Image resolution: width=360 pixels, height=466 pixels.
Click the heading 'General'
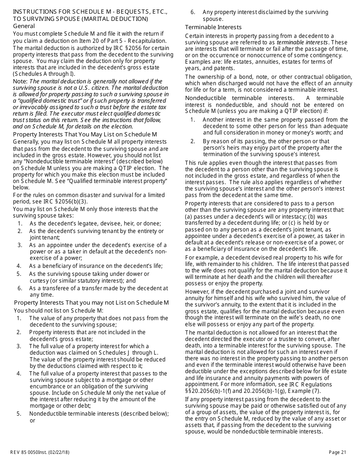(x=24, y=26)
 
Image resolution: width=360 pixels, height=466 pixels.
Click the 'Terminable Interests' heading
(x=213, y=27)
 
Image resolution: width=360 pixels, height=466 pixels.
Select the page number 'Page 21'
(x=337, y=452)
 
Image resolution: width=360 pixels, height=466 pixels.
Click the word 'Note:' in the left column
(x=20, y=81)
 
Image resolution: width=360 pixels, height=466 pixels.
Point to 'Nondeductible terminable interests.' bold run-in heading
(x=239, y=98)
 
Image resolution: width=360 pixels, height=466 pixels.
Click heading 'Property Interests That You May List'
(x=85, y=134)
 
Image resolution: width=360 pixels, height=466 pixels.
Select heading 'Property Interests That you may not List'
(x=91, y=302)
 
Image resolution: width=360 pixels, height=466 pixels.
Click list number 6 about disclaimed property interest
(x=193, y=12)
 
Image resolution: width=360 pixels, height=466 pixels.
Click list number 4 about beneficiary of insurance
(x=19, y=266)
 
